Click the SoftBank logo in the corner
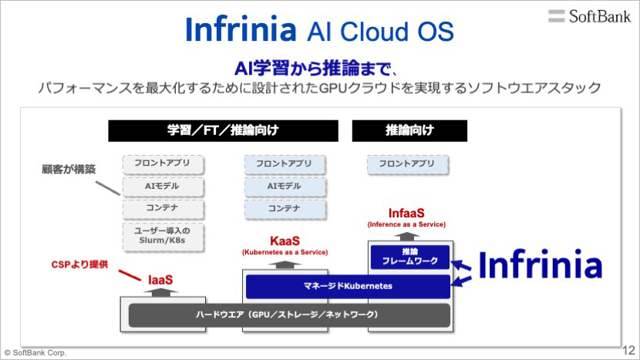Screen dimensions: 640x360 [589, 16]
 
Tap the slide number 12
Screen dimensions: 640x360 [628, 350]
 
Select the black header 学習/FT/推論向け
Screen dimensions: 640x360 [224, 130]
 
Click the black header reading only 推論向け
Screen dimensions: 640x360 [409, 130]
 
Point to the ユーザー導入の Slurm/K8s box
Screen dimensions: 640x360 [163, 237]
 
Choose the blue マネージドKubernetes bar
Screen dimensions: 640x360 [348, 286]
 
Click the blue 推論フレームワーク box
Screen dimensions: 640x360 [409, 257]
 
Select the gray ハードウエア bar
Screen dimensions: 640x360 [289, 315]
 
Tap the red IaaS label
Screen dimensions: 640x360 [160, 280]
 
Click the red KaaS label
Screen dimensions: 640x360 [285, 241]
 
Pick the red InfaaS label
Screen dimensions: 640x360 [406, 213]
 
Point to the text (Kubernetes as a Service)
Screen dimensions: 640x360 [285, 252]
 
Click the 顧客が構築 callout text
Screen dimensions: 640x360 [69, 169]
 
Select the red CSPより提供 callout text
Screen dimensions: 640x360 [79, 264]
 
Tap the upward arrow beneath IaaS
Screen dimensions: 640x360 [160, 292]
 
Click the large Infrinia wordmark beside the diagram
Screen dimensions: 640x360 [540, 264]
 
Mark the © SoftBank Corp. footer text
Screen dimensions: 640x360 [35, 352]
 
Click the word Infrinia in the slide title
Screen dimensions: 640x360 [241, 29]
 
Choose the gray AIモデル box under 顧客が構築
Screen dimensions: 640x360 [163, 187]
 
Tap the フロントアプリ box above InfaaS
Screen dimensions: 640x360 [407, 164]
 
